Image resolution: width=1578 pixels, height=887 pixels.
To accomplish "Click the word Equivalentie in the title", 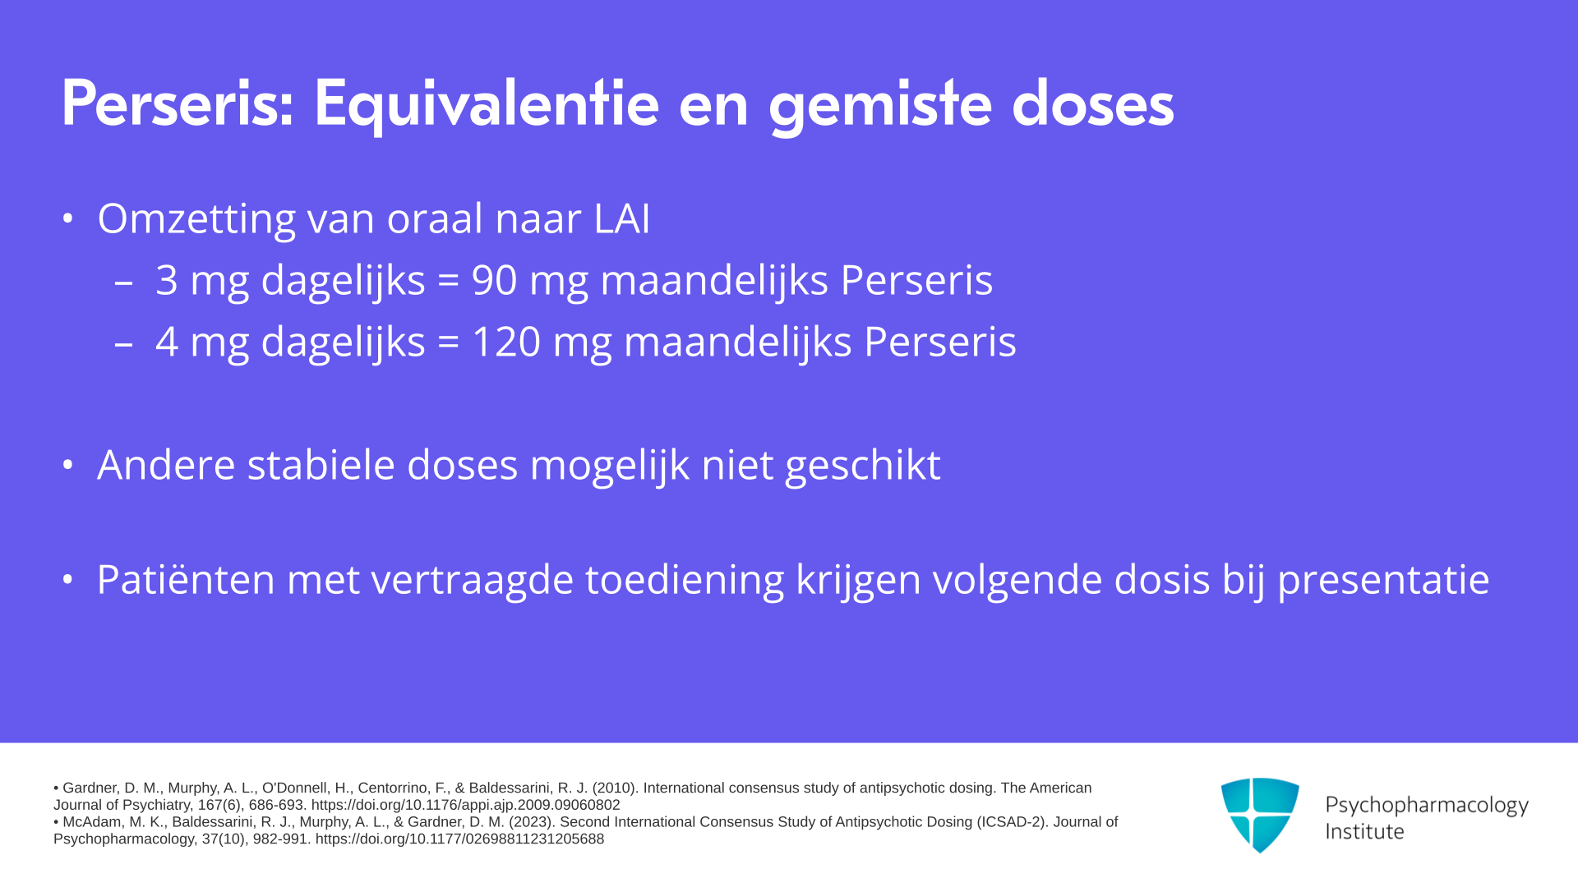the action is click(487, 105).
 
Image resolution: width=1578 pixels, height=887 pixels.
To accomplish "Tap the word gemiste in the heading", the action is click(879, 105).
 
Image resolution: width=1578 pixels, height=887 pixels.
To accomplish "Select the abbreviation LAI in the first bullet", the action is click(622, 218).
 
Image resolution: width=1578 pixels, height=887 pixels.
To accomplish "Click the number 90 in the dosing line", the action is click(494, 280).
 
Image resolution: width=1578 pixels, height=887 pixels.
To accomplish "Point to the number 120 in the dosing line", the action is click(506, 342).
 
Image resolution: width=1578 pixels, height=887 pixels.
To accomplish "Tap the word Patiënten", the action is click(186, 579).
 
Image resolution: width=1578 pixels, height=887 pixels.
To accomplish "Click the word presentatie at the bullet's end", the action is click(1383, 581).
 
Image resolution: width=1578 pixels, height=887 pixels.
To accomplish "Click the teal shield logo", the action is click(1260, 815).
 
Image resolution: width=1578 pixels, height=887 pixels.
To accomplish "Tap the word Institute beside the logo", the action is click(1364, 832).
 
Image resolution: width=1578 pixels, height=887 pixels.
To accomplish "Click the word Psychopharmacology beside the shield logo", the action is click(1427, 806).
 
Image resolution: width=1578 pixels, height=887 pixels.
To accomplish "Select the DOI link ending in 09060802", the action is click(466, 806).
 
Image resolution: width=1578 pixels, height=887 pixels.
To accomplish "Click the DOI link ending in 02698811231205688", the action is click(459, 839).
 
